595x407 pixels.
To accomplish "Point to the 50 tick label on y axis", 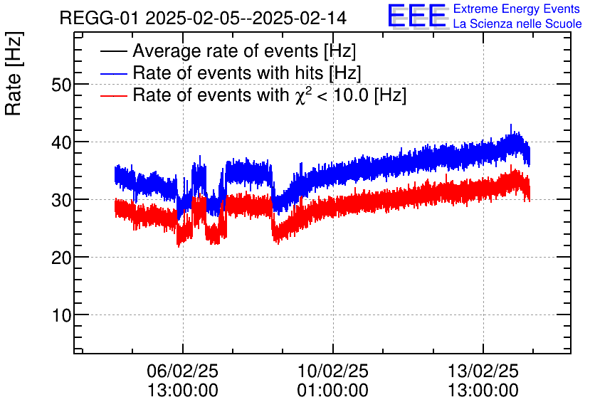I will (62, 85).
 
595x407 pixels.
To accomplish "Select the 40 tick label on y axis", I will (62, 142).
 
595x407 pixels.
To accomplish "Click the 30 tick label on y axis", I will (62, 200).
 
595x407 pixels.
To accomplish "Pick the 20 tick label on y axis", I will (62, 258).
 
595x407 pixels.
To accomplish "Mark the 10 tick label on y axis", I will (62, 315).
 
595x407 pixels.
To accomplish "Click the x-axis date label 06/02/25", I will (183, 371).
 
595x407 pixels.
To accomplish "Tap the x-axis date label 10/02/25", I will (333, 371).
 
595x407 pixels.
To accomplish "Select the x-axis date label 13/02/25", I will (483, 371).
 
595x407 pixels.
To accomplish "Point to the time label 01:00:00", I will (333, 391).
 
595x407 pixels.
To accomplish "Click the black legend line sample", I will (114, 51).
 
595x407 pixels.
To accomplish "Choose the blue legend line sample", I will (114, 73).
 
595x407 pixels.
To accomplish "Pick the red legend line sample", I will (114, 95).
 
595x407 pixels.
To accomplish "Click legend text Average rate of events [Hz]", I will (244, 51).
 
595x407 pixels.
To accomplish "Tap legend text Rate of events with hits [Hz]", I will (247, 73).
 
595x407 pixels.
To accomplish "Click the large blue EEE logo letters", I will (417, 17).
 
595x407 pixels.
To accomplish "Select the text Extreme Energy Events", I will (517, 9).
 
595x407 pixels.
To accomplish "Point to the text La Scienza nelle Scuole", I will (517, 24).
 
